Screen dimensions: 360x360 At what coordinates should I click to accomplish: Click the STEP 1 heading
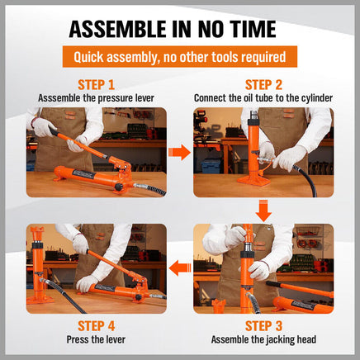(x=96, y=85)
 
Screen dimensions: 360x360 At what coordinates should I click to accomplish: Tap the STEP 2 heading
(x=263, y=85)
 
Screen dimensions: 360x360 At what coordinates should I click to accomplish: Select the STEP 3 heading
(x=263, y=326)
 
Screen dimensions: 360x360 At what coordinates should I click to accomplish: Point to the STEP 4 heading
(x=96, y=326)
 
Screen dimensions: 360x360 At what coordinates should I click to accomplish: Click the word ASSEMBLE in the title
(x=118, y=29)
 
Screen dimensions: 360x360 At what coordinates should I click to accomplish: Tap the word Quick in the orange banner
(x=88, y=57)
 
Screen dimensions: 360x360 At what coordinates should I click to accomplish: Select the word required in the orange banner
(x=263, y=57)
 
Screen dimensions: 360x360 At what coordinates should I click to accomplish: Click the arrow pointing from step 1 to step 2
(x=179, y=152)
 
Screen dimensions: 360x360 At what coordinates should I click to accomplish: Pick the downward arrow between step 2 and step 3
(x=263, y=211)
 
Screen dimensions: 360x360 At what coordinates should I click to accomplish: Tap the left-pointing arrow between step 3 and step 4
(x=180, y=268)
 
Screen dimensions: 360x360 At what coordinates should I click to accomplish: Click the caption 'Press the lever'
(x=96, y=339)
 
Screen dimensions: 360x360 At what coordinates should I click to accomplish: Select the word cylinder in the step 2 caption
(x=317, y=98)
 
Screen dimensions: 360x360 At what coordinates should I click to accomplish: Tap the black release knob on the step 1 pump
(x=119, y=187)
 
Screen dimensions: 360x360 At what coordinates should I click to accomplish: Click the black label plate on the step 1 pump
(x=83, y=174)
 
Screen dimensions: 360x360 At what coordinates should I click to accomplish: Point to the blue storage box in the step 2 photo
(x=211, y=166)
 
